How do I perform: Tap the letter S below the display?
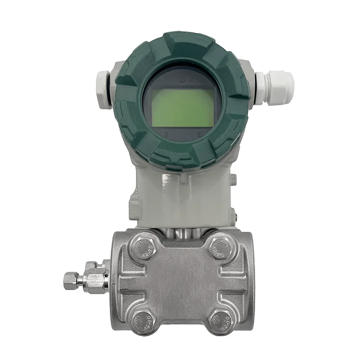click(166, 135)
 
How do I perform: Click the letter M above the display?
click(189, 80)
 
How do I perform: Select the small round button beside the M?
click(180, 80)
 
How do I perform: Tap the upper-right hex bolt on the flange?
click(222, 247)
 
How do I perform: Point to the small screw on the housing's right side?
click(233, 180)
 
